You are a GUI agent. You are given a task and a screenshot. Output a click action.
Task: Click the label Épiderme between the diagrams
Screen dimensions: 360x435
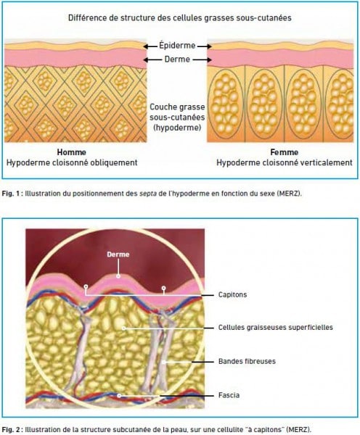click(x=177, y=46)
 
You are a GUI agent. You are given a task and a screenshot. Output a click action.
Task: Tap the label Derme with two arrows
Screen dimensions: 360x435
click(x=177, y=59)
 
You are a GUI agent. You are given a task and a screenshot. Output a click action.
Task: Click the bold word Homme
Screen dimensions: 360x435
click(x=72, y=152)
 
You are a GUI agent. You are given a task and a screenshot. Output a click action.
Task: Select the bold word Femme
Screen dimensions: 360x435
click(x=285, y=152)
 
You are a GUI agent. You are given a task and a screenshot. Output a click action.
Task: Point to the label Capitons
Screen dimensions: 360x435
click(x=232, y=294)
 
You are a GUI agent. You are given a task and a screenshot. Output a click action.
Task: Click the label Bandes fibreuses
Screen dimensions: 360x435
click(x=247, y=361)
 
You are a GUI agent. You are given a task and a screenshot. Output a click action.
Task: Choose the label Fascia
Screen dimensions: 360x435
click(x=229, y=395)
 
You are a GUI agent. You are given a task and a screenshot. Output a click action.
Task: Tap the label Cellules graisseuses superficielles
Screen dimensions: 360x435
click(x=276, y=328)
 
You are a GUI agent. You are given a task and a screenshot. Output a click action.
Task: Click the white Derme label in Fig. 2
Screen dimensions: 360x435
click(x=118, y=254)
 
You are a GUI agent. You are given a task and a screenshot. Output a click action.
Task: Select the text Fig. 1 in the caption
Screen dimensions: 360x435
click(x=11, y=194)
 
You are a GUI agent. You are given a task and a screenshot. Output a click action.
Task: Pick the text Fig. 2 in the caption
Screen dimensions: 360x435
click(x=11, y=429)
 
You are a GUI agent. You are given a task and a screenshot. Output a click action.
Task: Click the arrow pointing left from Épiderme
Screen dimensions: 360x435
click(x=150, y=46)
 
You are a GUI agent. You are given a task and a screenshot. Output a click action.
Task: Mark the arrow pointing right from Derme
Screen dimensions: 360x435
click(x=202, y=59)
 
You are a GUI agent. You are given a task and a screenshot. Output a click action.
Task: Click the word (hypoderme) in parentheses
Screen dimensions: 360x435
click(x=177, y=128)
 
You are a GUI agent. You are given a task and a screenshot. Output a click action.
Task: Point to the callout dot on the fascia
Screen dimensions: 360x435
click(x=119, y=396)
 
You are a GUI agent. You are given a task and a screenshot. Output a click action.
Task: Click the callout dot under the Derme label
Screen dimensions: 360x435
click(x=118, y=276)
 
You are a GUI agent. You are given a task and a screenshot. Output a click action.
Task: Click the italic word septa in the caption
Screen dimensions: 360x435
click(x=148, y=194)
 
